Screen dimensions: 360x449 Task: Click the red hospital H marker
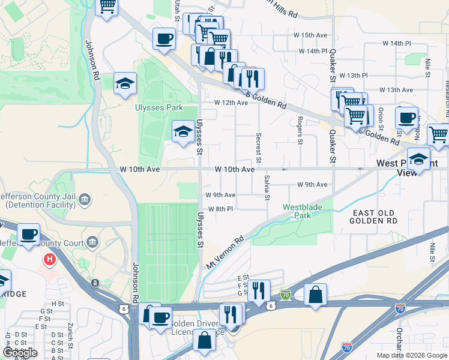point(50,260)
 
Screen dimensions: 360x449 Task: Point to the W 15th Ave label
point(313,35)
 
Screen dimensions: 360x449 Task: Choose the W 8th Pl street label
point(220,209)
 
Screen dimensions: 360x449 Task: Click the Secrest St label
point(259,148)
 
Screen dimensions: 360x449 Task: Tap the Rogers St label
point(300,131)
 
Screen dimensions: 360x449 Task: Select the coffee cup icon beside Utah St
point(164,39)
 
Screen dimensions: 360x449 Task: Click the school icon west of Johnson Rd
point(125,83)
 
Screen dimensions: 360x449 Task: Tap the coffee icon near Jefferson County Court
point(28,233)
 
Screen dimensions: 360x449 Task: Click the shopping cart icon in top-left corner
point(107,7)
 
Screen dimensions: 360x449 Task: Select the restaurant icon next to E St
point(258,290)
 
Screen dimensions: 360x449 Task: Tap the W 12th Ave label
point(232,103)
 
